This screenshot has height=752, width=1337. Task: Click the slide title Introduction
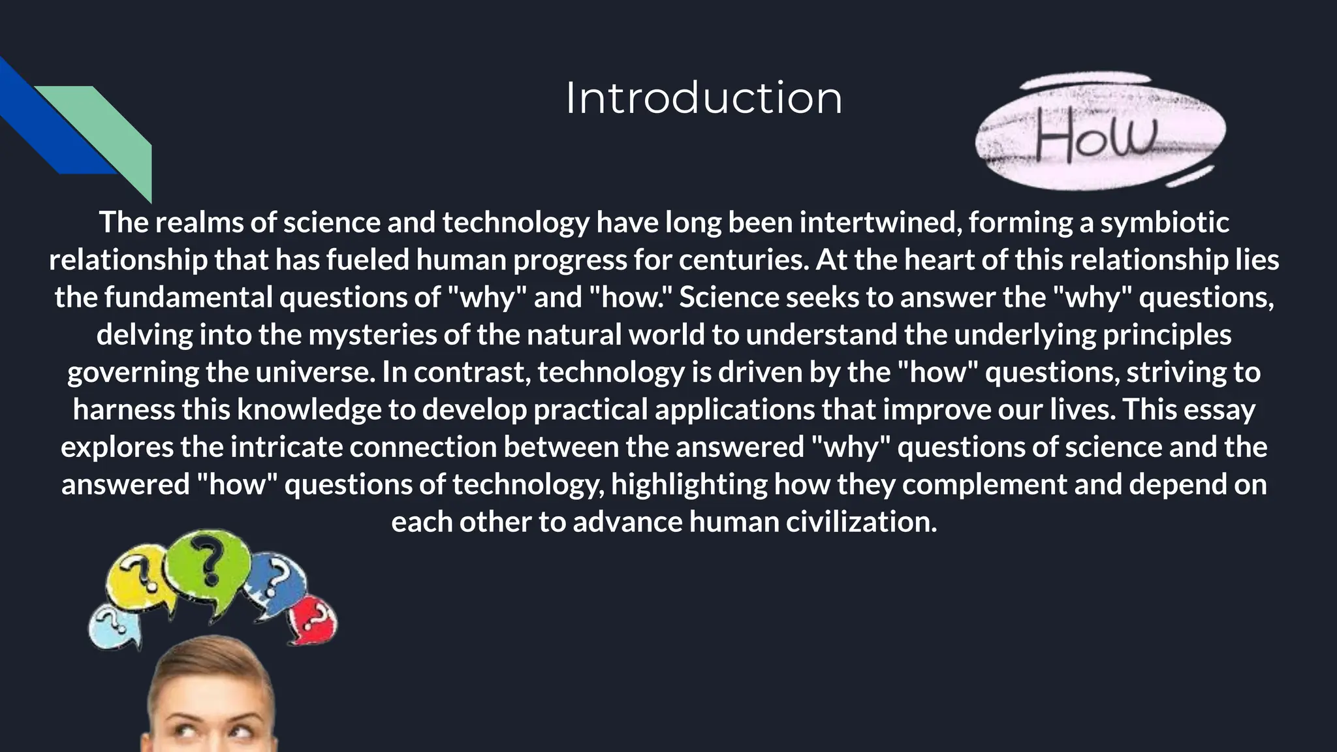tap(703, 99)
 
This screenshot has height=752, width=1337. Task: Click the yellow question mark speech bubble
tap(137, 578)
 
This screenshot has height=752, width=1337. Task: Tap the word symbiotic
tap(1165, 223)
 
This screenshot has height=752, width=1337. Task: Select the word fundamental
tap(188, 298)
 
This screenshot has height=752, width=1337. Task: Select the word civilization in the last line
tap(861, 522)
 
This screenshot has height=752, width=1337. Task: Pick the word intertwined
tap(880, 223)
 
